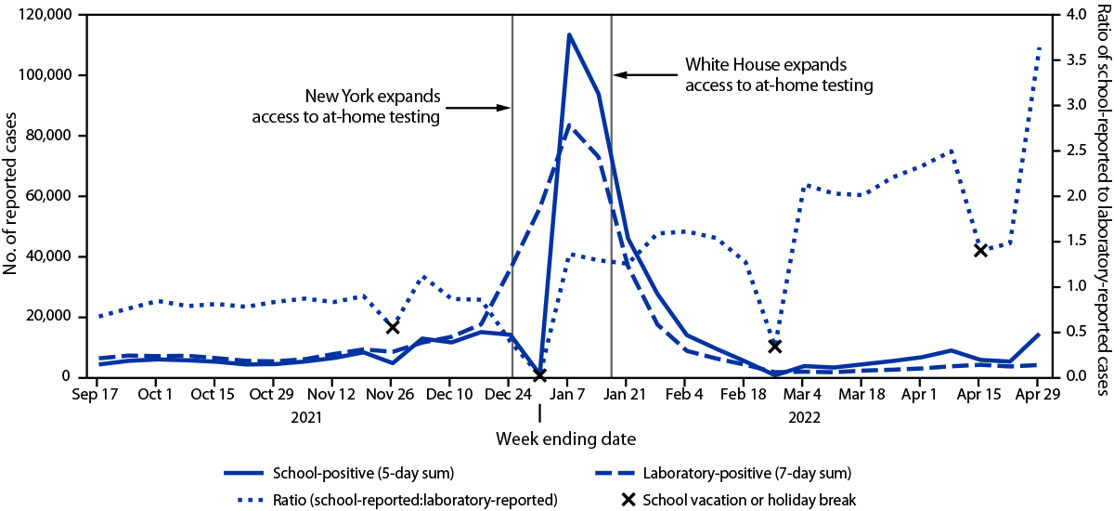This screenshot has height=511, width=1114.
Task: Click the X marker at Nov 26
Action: tap(393, 327)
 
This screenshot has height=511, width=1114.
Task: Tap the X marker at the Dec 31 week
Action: tap(539, 401)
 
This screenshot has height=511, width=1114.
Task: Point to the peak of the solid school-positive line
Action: tap(568, 34)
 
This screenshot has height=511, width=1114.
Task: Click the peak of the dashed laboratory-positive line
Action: tap(569, 124)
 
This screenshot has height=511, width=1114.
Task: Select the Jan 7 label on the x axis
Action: tap(568, 420)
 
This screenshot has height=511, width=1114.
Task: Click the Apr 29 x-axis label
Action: tap(1039, 420)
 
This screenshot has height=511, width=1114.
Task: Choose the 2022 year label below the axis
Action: tap(803, 444)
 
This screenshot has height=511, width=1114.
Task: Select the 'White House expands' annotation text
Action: tap(766, 65)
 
